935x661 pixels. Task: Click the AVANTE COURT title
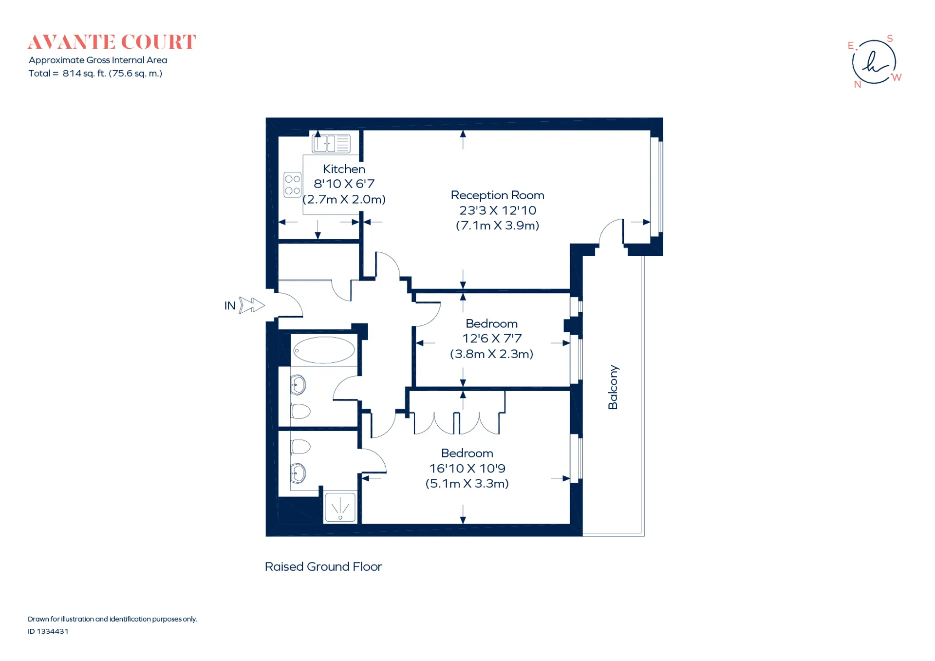point(112,42)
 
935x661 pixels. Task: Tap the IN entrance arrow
point(252,305)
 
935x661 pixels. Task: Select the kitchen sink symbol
point(331,144)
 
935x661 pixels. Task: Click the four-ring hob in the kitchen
point(293,185)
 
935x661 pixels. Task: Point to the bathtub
point(324,350)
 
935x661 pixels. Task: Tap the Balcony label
point(613,387)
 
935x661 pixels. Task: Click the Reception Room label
point(497,195)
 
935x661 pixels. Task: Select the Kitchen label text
point(344,169)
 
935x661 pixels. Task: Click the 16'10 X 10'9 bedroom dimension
point(467,468)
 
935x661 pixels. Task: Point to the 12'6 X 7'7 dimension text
point(492,339)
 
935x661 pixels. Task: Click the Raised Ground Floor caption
point(323,567)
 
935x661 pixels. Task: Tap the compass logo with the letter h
point(875,62)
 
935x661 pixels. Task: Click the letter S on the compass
point(890,38)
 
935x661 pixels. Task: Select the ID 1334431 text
point(48,631)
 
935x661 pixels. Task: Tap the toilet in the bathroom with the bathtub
point(300,411)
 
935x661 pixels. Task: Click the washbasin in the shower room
point(298,473)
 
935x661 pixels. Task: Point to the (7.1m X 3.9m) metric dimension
point(497,226)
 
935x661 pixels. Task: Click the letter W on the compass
point(896,77)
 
